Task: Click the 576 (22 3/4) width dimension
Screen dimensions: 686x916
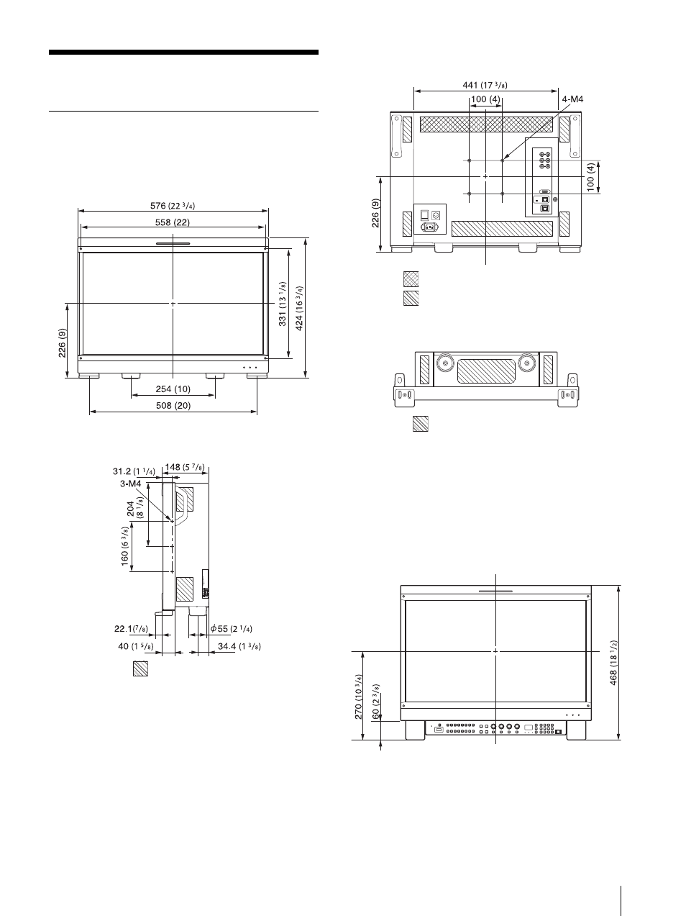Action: click(x=173, y=206)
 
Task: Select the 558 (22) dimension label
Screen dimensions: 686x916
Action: click(x=173, y=222)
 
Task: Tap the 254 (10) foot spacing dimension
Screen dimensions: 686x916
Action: click(x=173, y=389)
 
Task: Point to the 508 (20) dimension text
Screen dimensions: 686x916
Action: click(x=173, y=405)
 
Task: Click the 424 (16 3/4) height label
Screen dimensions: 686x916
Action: click(x=299, y=308)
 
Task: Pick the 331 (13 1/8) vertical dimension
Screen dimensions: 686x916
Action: click(x=283, y=304)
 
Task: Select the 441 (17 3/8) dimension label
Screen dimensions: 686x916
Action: click(x=485, y=85)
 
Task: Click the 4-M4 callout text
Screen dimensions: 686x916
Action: click(x=572, y=99)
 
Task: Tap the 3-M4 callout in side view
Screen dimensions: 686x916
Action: click(x=131, y=484)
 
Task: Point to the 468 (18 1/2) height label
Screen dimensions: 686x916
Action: click(x=613, y=663)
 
